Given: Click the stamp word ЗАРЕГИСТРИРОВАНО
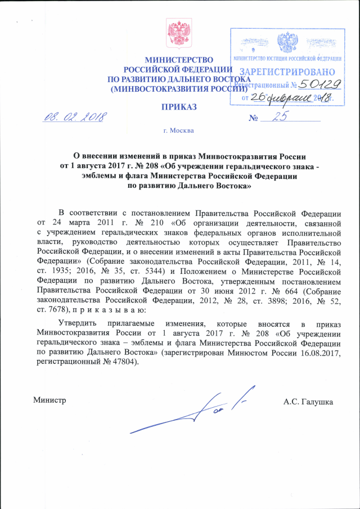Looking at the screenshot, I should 287,72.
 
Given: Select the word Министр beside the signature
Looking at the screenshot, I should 49,401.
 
